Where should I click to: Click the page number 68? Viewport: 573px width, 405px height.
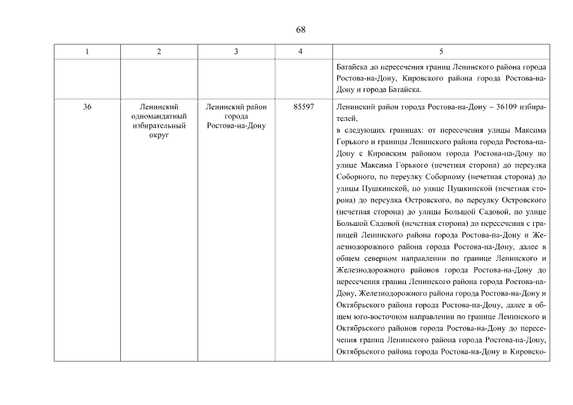[x=301, y=30]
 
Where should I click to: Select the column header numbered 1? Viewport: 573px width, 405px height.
[x=87, y=51]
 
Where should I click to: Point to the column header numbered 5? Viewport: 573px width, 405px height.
[x=441, y=51]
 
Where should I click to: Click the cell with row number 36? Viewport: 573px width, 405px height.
[x=87, y=107]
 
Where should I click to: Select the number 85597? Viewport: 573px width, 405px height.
[x=300, y=107]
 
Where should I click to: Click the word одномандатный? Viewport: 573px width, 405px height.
[x=158, y=116]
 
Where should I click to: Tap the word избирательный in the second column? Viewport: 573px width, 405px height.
[x=158, y=126]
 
